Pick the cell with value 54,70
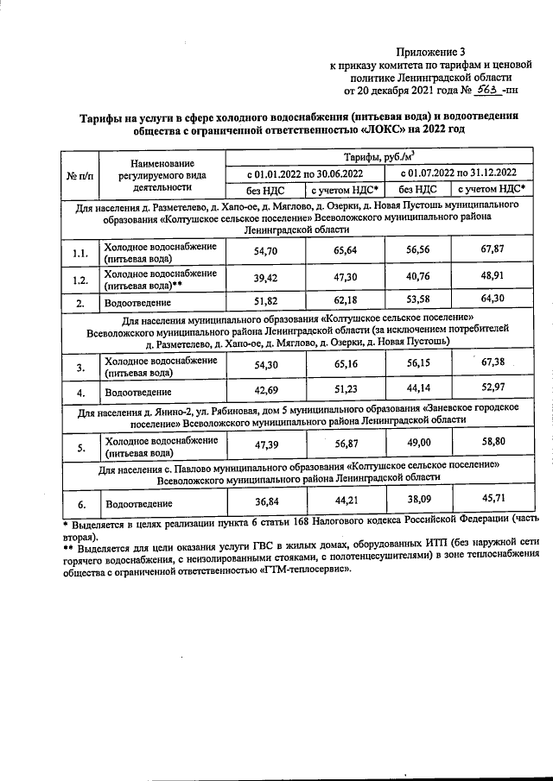(x=264, y=252)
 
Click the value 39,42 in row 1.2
(x=264, y=279)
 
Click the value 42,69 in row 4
(x=264, y=392)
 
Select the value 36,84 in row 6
(x=264, y=502)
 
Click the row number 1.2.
(x=79, y=280)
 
